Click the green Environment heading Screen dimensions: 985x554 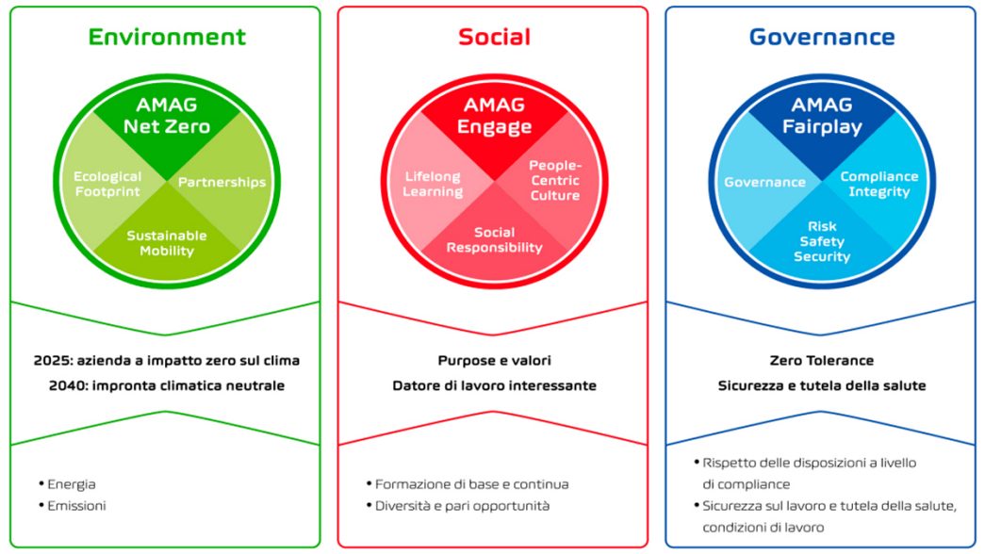click(x=167, y=37)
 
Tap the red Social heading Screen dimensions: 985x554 click(x=494, y=37)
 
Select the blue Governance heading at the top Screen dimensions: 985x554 click(x=822, y=37)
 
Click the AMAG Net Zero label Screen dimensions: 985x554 click(x=167, y=116)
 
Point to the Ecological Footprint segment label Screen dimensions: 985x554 click(x=107, y=184)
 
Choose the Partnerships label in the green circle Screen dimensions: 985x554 click(x=222, y=182)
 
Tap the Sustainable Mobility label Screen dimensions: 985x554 click(x=167, y=243)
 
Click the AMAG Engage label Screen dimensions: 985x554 click(x=494, y=116)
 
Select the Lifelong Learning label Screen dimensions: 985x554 click(x=433, y=184)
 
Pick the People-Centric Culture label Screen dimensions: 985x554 click(x=554, y=180)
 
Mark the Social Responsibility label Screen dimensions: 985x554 click(x=494, y=240)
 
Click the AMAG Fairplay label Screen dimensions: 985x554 click(x=822, y=116)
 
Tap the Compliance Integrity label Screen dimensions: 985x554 click(x=879, y=184)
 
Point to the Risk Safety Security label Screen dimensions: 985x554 click(x=822, y=241)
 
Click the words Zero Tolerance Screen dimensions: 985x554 click(x=822, y=361)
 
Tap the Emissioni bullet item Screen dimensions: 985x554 click(x=73, y=506)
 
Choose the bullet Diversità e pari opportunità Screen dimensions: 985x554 click(x=458, y=506)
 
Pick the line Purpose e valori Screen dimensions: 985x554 click(x=494, y=361)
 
